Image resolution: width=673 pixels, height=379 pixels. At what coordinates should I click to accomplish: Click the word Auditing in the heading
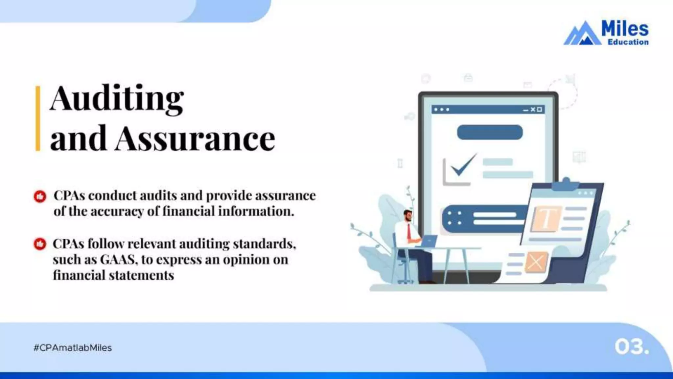117,99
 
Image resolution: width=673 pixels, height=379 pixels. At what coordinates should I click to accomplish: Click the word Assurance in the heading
195,139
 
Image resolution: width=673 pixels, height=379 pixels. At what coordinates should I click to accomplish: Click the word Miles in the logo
625,29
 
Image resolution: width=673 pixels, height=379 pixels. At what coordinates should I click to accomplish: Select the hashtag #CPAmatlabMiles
73,348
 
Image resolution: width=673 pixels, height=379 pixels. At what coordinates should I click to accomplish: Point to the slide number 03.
631,347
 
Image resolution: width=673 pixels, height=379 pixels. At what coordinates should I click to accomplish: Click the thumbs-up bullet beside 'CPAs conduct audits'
40,196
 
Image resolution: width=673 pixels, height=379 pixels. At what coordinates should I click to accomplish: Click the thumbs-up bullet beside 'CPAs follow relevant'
40,244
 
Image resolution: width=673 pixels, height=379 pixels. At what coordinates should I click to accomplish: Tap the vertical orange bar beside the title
38,118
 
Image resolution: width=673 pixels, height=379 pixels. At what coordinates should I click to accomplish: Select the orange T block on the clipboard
545,218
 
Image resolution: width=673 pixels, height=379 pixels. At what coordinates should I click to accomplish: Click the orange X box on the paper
536,262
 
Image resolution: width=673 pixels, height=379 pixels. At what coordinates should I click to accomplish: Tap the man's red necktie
409,231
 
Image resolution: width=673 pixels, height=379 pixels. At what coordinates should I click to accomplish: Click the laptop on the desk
429,241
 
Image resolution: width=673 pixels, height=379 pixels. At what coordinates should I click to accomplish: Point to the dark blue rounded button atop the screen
490,132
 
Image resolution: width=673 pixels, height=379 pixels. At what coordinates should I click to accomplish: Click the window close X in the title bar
533,109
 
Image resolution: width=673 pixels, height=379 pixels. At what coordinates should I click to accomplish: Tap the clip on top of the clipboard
566,184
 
